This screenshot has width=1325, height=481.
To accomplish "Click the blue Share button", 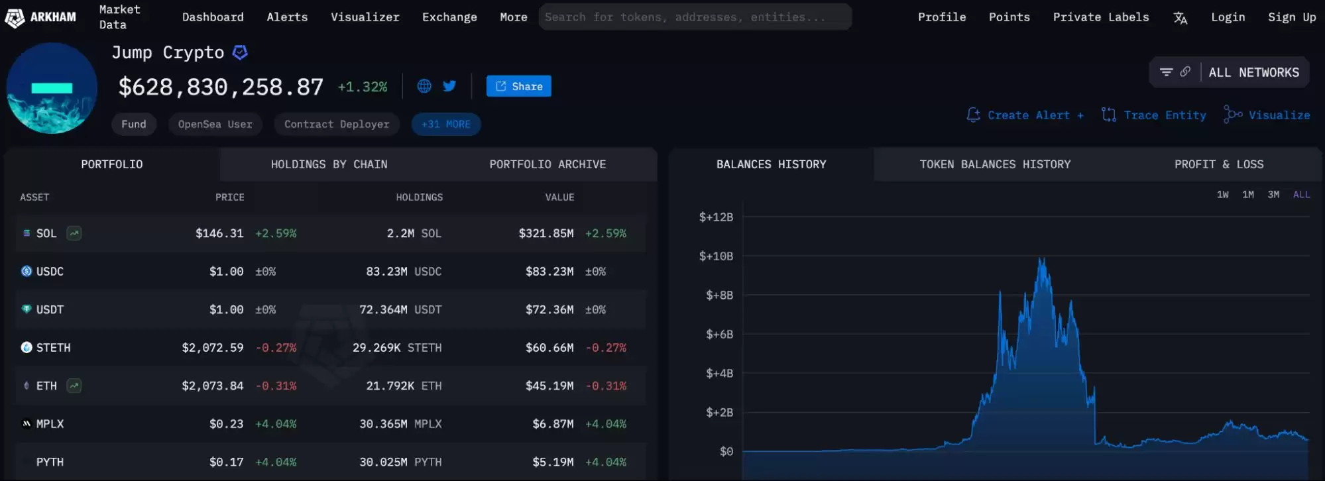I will click(518, 86).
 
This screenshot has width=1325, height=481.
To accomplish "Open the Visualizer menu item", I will click(365, 17).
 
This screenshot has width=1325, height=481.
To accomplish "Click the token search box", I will click(694, 17).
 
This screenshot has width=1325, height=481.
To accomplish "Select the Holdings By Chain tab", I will click(329, 164).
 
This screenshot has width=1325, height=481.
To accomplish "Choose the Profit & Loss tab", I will click(1218, 164).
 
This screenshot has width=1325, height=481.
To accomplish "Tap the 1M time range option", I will click(1247, 195).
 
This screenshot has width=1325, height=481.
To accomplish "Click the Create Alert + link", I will click(1026, 115).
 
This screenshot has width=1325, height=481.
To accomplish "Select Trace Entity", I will click(1154, 115).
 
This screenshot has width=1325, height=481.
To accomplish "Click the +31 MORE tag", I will click(445, 125).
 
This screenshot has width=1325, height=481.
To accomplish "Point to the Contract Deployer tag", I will click(337, 125).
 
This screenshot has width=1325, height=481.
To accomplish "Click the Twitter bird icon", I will click(449, 86).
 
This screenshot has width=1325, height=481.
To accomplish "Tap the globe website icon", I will click(424, 86).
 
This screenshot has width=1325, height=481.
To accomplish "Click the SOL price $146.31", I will click(219, 233).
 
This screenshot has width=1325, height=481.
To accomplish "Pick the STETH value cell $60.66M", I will click(549, 348).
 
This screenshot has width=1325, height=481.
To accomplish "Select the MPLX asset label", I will click(50, 424).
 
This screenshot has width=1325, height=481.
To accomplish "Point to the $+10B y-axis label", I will click(716, 256).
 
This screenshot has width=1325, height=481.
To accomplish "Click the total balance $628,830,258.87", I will click(221, 87).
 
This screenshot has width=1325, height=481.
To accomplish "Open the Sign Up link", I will click(1291, 17).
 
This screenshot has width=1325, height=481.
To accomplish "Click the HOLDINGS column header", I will click(419, 197).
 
